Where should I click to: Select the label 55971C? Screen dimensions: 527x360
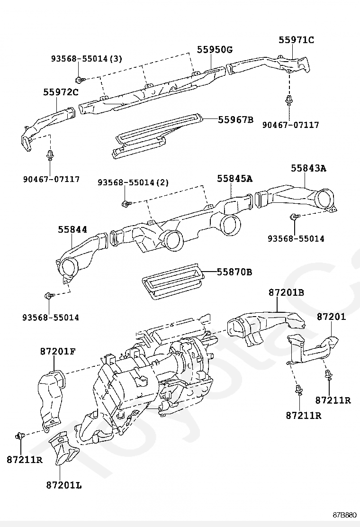296,40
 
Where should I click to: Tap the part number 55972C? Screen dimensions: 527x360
61,92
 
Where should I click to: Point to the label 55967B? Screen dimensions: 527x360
235,119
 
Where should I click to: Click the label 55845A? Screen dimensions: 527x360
235,179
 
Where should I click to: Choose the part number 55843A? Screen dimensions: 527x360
308,168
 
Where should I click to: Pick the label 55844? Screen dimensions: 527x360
72,229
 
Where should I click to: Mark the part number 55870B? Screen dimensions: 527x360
234,272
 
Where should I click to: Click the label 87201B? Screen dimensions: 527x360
286,292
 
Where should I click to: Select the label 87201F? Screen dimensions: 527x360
58,351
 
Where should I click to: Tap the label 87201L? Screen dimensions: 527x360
64,485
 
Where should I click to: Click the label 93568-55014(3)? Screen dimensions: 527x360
86,59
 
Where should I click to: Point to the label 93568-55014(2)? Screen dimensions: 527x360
133,182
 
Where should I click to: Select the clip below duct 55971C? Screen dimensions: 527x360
288,101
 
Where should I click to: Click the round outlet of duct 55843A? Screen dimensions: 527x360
324,199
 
